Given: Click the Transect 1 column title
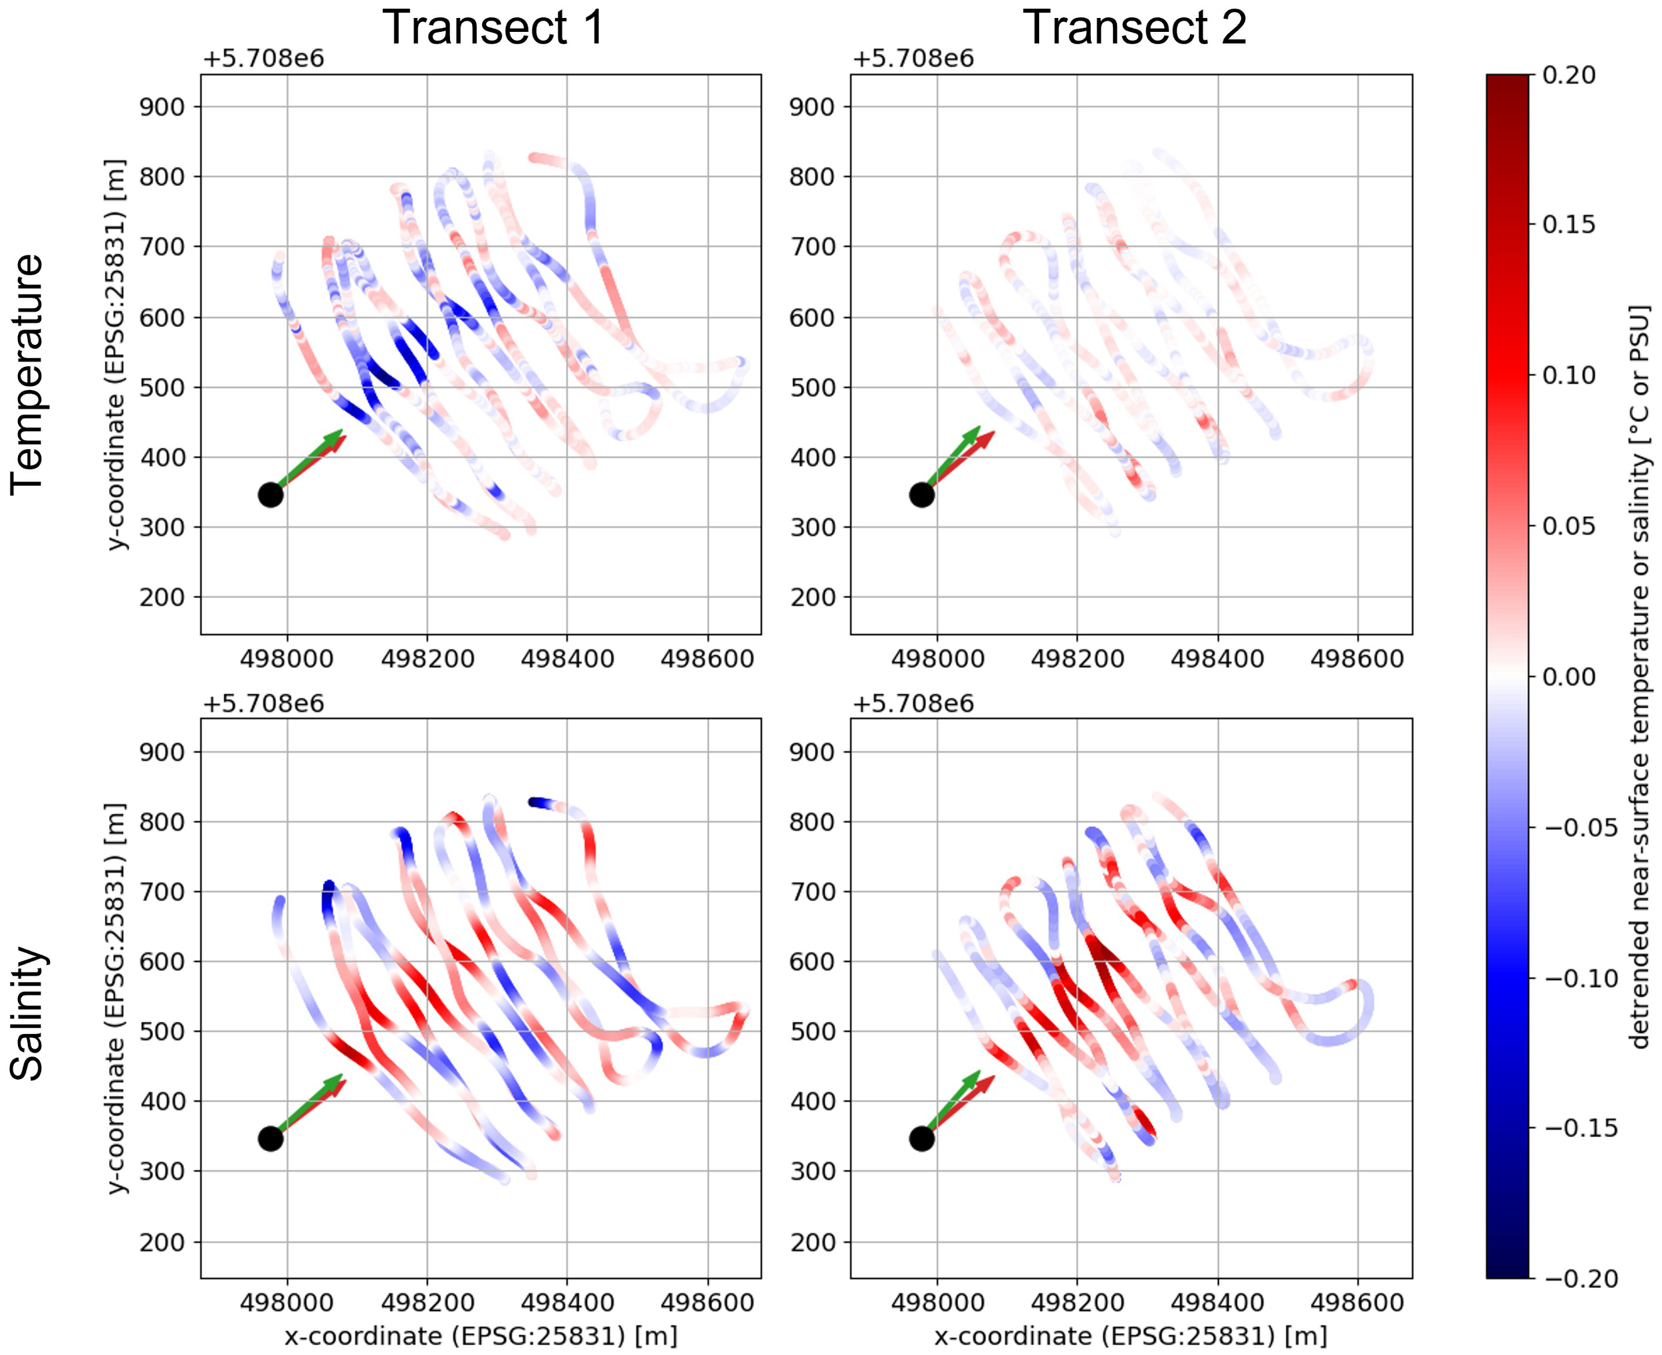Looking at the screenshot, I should tap(493, 27).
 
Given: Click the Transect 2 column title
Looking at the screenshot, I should tap(1134, 27).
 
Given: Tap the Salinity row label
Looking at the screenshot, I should tap(27, 1013).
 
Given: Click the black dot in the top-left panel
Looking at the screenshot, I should tap(270, 495).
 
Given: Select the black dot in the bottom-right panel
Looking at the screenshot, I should tap(921, 1139).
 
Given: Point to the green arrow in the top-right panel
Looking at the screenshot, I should tap(954, 457).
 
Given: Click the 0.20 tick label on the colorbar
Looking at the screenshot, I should tap(1568, 76).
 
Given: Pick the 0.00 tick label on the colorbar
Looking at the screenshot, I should tap(1568, 677).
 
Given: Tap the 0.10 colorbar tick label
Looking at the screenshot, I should tap(1568, 375).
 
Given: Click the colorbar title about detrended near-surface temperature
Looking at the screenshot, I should tap(1639, 676).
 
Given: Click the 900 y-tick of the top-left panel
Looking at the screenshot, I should tap(162, 107).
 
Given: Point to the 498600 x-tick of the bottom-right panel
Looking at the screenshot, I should tap(1357, 1303).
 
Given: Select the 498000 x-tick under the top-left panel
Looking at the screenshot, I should tap(287, 659).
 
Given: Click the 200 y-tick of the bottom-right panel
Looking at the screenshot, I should tap(812, 1243).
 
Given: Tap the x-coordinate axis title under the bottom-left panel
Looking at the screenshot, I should tap(481, 1336).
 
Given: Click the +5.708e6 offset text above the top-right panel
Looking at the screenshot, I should tap(913, 59).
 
